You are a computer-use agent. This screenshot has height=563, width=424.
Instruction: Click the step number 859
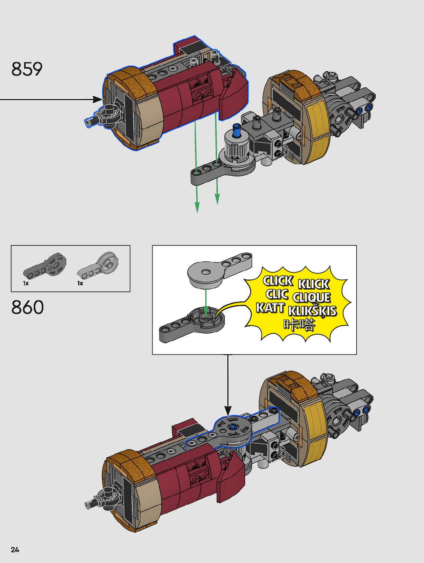coord(27,69)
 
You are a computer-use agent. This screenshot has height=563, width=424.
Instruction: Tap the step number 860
coord(28,308)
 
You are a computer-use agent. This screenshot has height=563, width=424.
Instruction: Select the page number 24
coord(15,550)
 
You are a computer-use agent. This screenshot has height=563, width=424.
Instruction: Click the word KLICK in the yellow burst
coord(314,284)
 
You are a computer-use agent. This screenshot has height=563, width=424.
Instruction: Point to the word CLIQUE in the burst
coord(311,298)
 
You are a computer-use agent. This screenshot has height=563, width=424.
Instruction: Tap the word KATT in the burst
coord(270,308)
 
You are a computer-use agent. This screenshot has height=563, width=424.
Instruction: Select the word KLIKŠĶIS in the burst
coord(312,311)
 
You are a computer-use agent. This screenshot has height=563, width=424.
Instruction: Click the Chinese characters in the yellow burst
coord(299,324)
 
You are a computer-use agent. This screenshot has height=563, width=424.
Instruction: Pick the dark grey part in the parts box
coord(45,266)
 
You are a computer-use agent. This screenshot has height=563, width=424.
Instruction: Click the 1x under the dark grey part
coord(26,283)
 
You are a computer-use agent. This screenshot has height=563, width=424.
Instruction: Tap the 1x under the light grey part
coord(80,283)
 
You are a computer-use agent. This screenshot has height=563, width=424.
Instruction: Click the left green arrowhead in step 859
coord(197,207)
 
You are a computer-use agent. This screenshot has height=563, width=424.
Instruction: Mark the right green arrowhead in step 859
coord(217,199)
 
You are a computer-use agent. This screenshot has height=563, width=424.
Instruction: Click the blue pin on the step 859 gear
coord(236,131)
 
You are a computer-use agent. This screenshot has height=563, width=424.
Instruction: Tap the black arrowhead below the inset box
coord(228,411)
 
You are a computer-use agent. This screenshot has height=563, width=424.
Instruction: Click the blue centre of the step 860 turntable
coord(232,427)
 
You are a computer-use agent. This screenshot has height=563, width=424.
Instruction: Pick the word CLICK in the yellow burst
coord(278,281)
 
